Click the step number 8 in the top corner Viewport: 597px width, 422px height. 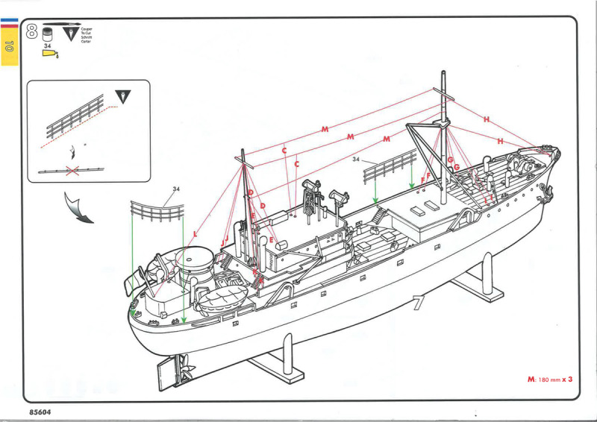[x=33, y=31]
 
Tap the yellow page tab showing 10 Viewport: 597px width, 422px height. [x=9, y=46]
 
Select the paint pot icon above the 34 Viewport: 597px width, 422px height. [x=49, y=34]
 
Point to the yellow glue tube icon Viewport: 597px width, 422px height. [x=50, y=54]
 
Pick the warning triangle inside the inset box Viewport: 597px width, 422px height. [x=122, y=96]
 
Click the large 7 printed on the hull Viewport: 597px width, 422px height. [x=418, y=302]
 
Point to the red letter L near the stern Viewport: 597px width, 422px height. [x=195, y=234]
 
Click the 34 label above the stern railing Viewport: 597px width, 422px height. [x=176, y=189]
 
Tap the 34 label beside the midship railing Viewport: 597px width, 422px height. [x=357, y=159]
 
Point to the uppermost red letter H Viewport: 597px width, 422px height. [x=486, y=119]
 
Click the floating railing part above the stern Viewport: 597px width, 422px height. [x=157, y=210]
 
